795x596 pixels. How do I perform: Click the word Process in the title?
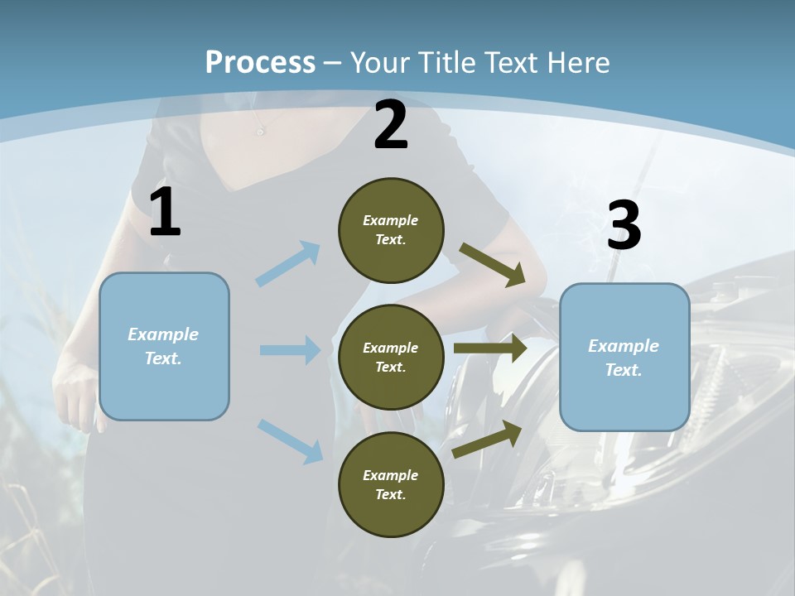coord(260,62)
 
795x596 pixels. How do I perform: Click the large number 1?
coord(165,213)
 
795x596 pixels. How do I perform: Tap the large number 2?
coord(391,125)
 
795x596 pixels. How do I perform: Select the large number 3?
coord(624,226)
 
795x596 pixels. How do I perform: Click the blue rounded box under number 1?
coord(164,346)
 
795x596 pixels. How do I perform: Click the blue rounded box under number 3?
coord(624,357)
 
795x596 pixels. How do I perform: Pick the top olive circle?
coord(391,230)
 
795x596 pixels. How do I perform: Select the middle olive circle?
coord(391,357)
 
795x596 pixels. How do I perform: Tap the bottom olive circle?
coord(391,484)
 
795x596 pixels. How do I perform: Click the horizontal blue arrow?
coord(290,350)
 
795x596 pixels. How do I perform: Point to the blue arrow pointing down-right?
coord(291,440)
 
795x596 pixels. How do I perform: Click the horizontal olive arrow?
coord(490,348)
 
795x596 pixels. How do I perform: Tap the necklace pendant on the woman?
coord(260,131)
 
